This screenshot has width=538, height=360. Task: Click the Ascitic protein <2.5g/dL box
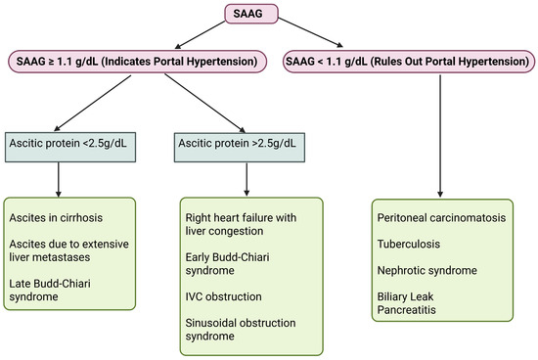click(62, 145)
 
